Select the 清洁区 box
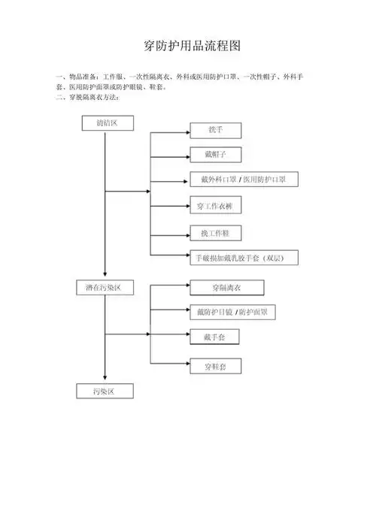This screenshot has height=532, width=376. click(105, 122)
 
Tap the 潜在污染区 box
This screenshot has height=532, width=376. click(105, 288)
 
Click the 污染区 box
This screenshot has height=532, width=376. click(105, 391)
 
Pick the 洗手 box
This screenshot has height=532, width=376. click(215, 131)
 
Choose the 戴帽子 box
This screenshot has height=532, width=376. click(215, 154)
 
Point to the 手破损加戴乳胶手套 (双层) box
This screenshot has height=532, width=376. click(245, 258)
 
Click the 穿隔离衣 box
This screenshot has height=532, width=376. click(226, 287)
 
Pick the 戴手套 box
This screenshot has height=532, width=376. click(214, 337)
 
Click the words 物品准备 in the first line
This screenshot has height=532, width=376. click(83, 77)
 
